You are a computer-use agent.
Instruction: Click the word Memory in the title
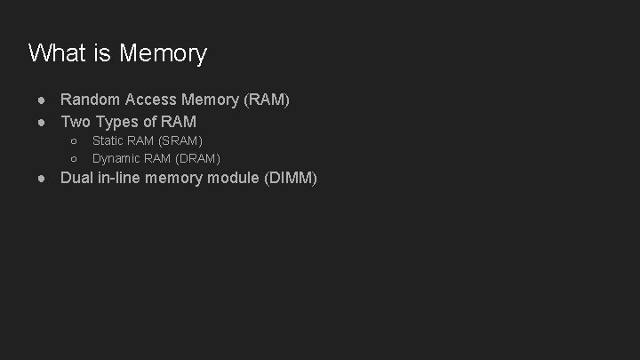pyautogui.click(x=163, y=53)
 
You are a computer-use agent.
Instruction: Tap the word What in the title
pyautogui.click(x=57, y=53)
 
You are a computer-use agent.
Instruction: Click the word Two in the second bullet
pyautogui.click(x=76, y=121)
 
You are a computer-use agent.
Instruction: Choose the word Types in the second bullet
pyautogui.click(x=116, y=121)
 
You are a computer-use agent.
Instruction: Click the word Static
pyautogui.click(x=108, y=140)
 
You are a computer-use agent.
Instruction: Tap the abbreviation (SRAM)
pyautogui.click(x=180, y=140)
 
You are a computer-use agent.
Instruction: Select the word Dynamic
pyautogui.click(x=116, y=158)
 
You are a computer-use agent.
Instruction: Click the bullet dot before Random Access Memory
pyautogui.click(x=42, y=100)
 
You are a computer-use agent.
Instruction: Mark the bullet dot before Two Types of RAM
pyautogui.click(x=42, y=121)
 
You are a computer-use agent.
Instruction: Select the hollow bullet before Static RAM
pyautogui.click(x=74, y=140)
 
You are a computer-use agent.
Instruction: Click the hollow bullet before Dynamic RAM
pyautogui.click(x=74, y=158)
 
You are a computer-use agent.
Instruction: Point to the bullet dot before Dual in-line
pyautogui.click(x=42, y=178)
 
